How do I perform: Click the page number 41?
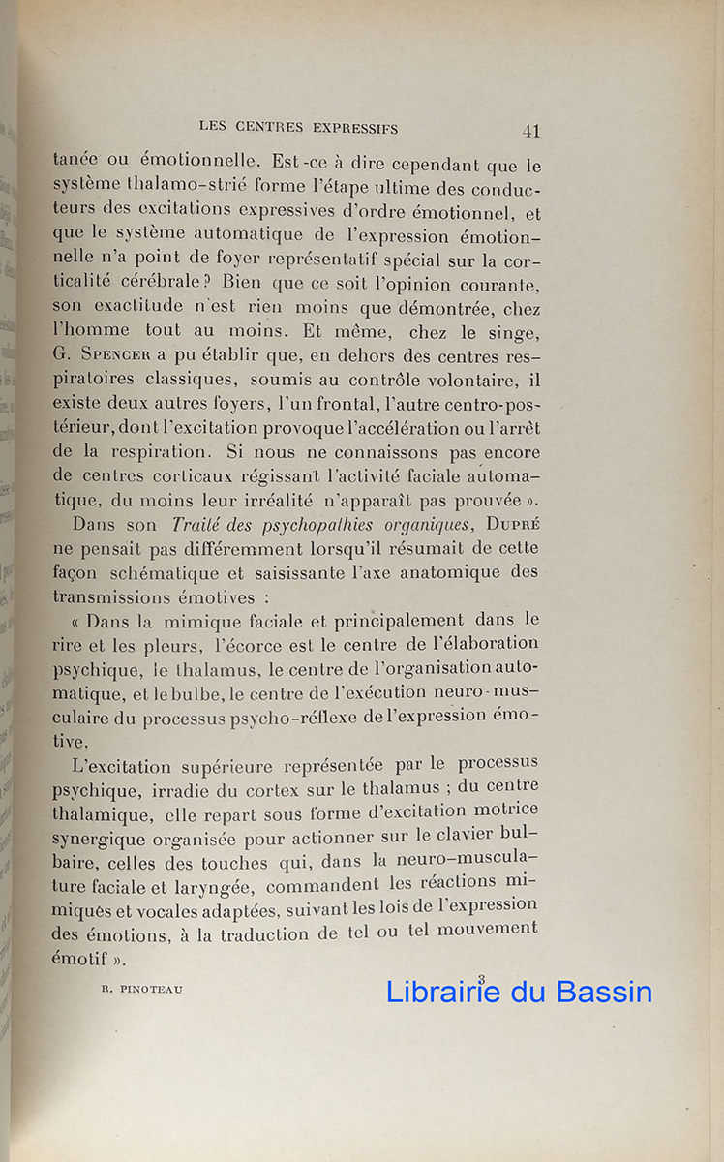pos(530,131)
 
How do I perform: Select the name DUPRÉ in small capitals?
pos(501,526)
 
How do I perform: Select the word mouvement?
pos(485,930)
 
